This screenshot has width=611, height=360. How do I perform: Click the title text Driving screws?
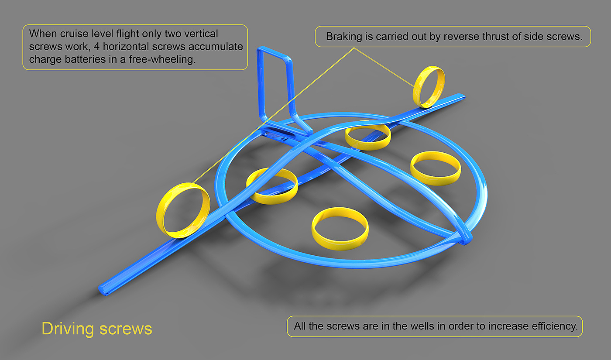97,329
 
